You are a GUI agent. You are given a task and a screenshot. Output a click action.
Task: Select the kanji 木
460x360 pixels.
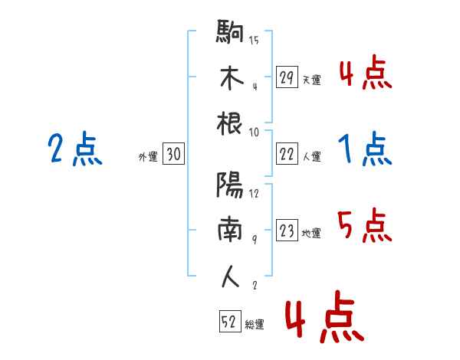click(x=231, y=77)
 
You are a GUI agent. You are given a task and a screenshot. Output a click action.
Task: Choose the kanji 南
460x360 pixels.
click(x=231, y=231)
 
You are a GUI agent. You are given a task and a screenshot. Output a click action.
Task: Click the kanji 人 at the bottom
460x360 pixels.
click(x=231, y=276)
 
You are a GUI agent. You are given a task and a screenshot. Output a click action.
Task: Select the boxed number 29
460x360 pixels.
click(x=287, y=77)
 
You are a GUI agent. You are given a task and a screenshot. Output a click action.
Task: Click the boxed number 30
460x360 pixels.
click(x=173, y=155)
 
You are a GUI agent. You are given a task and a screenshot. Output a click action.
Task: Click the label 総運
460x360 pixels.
click(x=255, y=325)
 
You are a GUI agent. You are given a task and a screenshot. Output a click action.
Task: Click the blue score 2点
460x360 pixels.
click(x=74, y=149)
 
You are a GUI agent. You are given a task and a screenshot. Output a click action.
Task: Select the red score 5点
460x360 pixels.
click(x=365, y=226)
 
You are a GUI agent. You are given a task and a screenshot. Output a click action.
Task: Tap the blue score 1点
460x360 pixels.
click(x=365, y=148)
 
